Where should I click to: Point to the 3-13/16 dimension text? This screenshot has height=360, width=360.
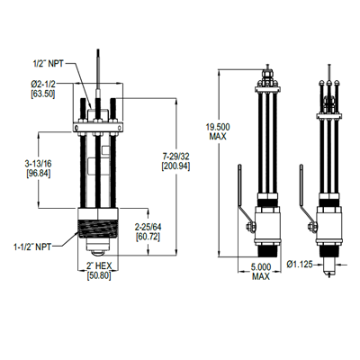(34, 164)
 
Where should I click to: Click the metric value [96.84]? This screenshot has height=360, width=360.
(34, 173)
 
